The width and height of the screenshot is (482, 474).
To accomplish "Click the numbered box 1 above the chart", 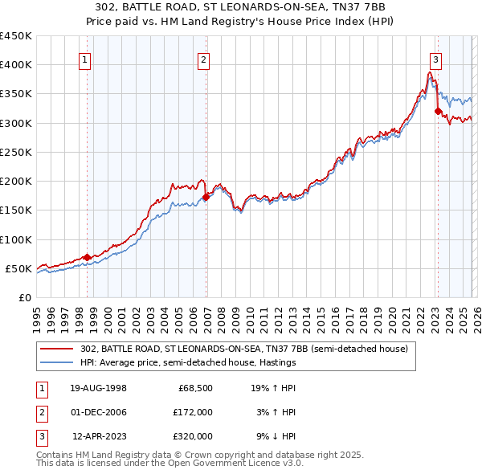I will (x=85, y=59).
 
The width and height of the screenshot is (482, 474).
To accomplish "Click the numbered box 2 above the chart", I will (x=204, y=59).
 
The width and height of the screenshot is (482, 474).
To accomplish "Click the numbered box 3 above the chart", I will (x=435, y=59).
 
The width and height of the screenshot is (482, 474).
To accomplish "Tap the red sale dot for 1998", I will (x=88, y=257).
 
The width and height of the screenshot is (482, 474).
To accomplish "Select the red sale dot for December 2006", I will (x=206, y=196).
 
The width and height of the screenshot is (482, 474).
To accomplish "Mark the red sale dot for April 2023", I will (x=438, y=111).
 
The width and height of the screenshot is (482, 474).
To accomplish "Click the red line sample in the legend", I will (x=58, y=349).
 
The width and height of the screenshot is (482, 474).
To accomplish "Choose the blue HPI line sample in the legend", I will (x=58, y=362).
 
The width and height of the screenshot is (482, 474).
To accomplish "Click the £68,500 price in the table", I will (x=195, y=388).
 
